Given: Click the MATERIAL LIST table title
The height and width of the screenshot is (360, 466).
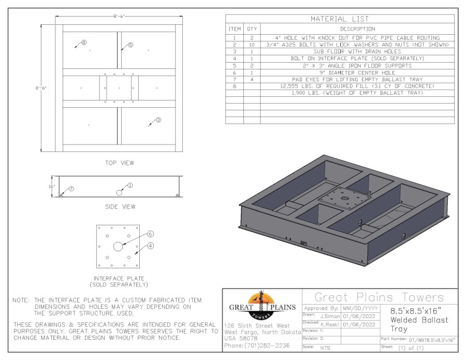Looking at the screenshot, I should coord(340,19).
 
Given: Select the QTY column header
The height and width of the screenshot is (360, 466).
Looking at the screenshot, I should coord(252,29).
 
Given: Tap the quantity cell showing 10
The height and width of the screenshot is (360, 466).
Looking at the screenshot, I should coord(252,45).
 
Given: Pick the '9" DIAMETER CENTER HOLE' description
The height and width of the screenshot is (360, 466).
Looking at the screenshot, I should coord(357,73).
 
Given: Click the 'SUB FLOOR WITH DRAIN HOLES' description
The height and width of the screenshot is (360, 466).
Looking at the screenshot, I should coord(357,52).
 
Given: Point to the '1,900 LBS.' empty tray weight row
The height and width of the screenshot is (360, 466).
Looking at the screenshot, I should coord(357,93).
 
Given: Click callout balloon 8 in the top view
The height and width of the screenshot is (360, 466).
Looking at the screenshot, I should coord(84,42).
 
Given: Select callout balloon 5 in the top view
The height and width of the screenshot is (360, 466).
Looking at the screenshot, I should coord(130,45).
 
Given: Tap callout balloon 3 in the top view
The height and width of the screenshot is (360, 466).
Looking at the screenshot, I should coord(158,120).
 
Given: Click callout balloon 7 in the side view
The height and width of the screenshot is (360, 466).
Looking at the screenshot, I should coord(71,189).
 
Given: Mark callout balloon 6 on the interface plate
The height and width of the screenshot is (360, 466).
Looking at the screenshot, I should coord(151,234).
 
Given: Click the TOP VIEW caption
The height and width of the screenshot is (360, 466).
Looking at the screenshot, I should coord(120,163).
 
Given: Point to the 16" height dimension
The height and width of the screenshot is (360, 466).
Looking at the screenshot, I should coord(52,186).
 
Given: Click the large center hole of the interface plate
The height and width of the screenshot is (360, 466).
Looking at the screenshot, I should coord(119,247).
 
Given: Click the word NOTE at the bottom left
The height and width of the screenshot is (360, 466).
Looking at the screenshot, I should coord(22,300).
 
